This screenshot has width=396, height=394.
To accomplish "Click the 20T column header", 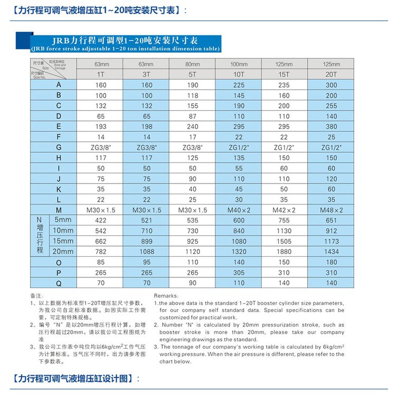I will [331, 74].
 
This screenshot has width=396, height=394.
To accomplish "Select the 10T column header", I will [239, 74].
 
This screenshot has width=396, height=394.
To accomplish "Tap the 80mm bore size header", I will [192, 64].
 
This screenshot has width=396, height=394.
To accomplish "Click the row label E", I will [58, 127].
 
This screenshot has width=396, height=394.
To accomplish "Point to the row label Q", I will [58, 283].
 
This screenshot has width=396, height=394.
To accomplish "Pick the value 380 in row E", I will [331, 127].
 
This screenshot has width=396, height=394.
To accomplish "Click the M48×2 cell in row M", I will [331, 210].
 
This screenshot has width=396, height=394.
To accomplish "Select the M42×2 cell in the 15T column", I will [285, 210].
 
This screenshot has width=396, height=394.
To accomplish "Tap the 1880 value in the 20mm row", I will [285, 252].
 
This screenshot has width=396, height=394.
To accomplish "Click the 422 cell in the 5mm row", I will [100, 220].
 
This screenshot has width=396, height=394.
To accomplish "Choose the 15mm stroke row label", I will [62, 241].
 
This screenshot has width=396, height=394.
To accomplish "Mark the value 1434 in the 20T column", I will [331, 252].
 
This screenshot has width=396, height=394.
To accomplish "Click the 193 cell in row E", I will [100, 127].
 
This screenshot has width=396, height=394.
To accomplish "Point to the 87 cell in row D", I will [192, 116].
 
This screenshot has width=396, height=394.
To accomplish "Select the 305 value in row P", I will [239, 272].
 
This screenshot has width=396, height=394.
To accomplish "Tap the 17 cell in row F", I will [192, 137].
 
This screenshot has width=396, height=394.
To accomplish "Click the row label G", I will [58, 147].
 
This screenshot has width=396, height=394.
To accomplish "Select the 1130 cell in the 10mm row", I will [285, 230].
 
